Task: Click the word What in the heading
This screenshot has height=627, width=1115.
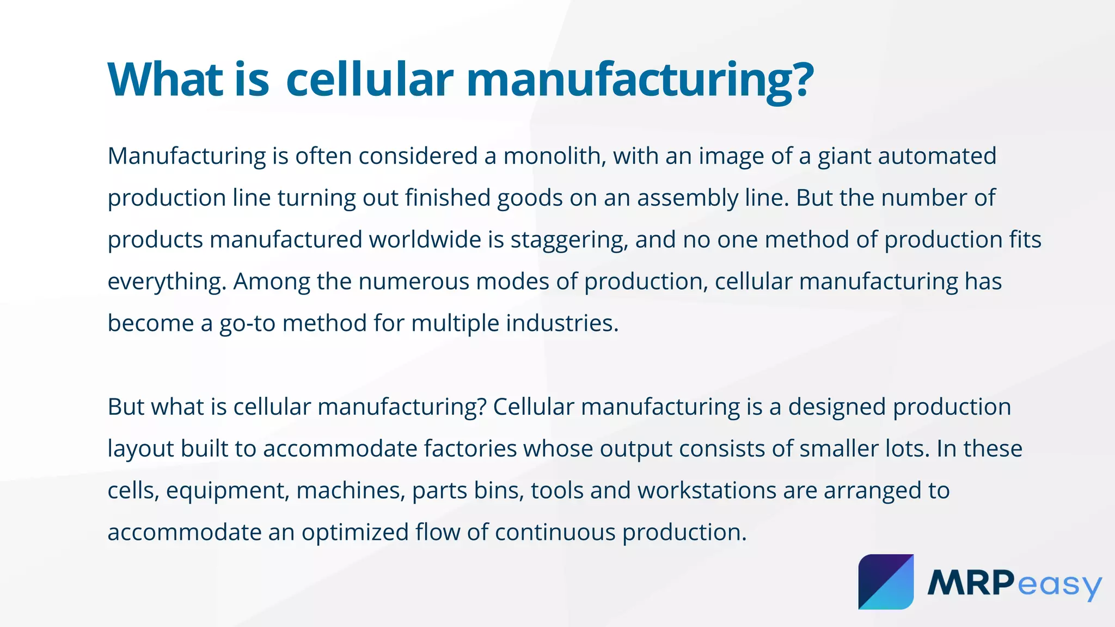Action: coord(166,79)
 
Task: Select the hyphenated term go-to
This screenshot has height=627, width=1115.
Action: coord(247,324)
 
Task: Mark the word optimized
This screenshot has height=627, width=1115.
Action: coord(355,533)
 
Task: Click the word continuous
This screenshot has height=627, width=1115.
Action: coord(555,532)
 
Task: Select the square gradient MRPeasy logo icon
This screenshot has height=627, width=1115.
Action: coord(886,582)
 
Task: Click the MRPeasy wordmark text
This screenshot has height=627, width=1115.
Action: coord(1014,583)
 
